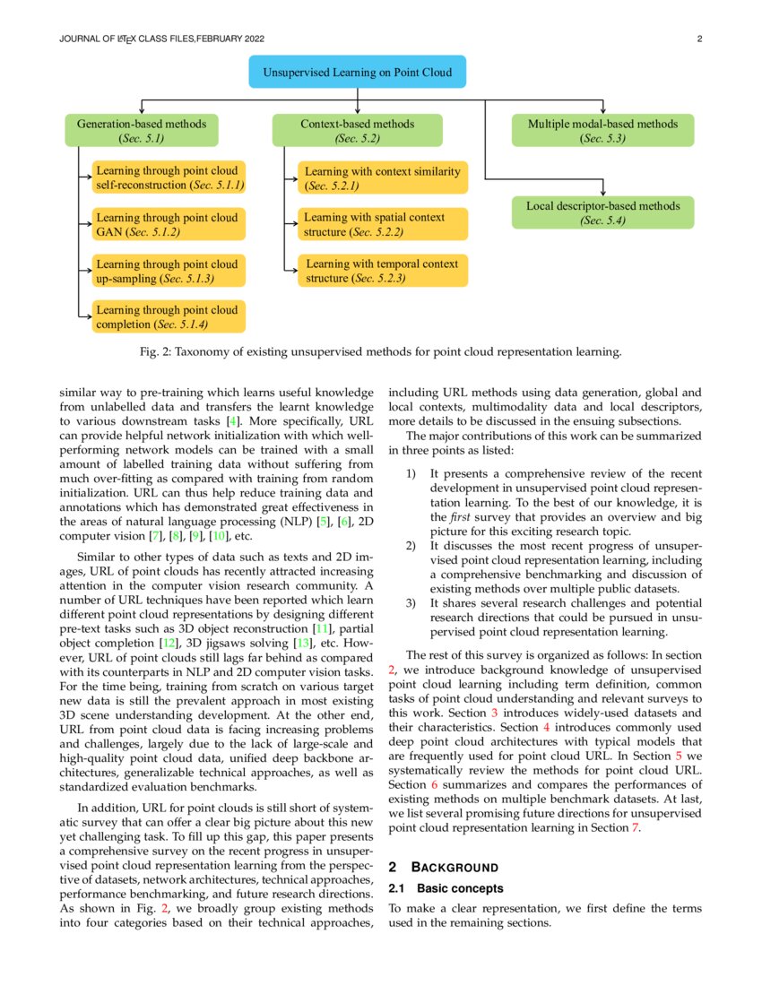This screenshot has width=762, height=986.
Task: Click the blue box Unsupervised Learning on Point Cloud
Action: pyautogui.click(x=357, y=72)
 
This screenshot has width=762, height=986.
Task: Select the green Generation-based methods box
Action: pyautogui.click(x=142, y=131)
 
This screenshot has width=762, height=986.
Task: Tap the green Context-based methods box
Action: pyautogui.click(x=357, y=131)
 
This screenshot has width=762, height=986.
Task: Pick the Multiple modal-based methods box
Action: pyautogui.click(x=602, y=131)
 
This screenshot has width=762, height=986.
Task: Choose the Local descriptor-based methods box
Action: pyautogui.click(x=602, y=212)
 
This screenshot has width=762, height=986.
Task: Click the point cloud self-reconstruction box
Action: pyautogui.click(x=169, y=177)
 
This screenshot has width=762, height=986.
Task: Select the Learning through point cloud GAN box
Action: pyautogui.click(x=169, y=224)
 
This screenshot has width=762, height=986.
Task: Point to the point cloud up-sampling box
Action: pyautogui.click(x=169, y=271)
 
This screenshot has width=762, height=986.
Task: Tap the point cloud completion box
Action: pyautogui.click(x=169, y=316)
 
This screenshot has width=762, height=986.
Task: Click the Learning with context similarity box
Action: pyautogui.click(x=383, y=178)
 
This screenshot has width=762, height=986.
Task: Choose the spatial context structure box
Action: pyautogui.click(x=383, y=224)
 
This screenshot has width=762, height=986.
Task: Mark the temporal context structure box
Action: pyautogui.click(x=383, y=271)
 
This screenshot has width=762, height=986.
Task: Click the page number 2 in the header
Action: pyautogui.click(x=698, y=39)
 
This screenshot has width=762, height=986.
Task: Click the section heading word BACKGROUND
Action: pyautogui.click(x=454, y=867)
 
